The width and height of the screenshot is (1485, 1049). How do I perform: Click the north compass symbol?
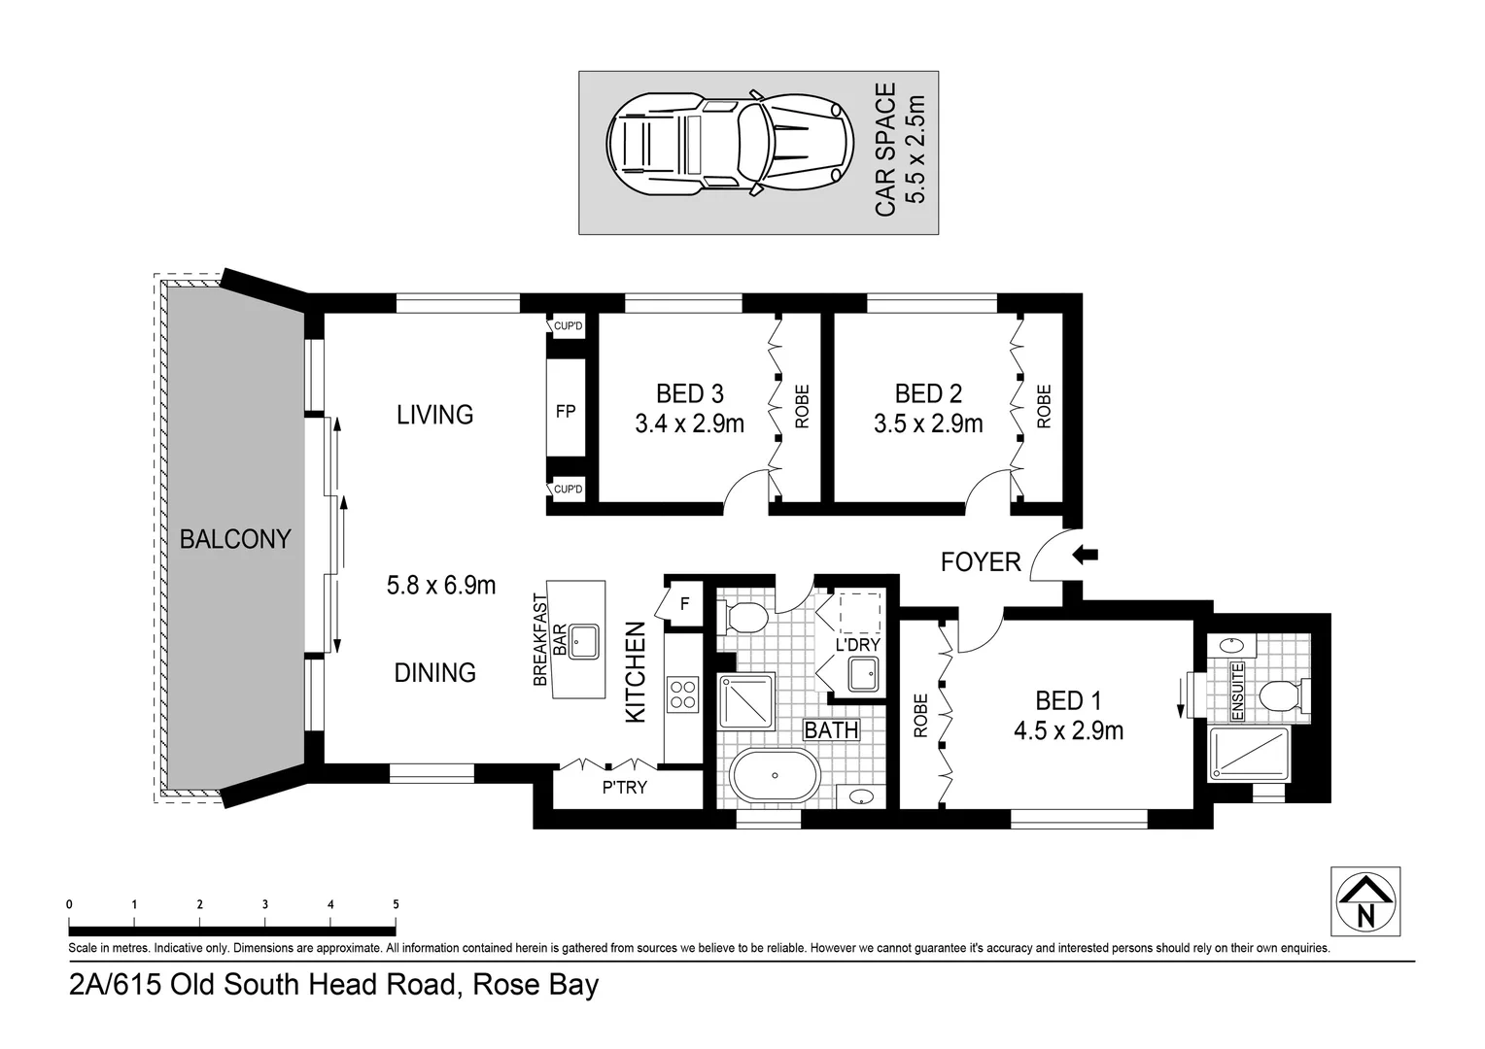tap(1365, 901)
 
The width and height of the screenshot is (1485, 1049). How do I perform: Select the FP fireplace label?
tap(566, 411)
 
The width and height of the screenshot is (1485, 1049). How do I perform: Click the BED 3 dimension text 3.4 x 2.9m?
tap(689, 423)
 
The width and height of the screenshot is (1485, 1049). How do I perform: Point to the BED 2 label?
tap(928, 393)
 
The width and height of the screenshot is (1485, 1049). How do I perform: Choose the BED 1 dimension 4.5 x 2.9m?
tap(1068, 730)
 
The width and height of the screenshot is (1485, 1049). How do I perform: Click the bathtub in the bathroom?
tap(775, 775)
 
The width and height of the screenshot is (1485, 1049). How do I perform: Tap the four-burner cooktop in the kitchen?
tap(682, 694)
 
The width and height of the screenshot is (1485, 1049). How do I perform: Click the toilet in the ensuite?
tap(1276, 696)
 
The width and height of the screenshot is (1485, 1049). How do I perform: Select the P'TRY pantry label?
tap(624, 788)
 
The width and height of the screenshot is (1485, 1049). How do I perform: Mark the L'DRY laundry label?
tap(857, 645)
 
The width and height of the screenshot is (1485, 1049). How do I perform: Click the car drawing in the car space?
tap(729, 152)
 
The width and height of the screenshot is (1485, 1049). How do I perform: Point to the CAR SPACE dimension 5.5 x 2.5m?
tap(915, 152)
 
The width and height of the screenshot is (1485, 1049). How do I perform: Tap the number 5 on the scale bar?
tap(396, 904)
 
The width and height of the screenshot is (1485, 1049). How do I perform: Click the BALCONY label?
tap(235, 539)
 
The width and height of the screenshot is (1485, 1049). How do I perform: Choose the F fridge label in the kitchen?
tap(684, 603)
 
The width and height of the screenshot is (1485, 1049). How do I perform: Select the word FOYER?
tap(981, 561)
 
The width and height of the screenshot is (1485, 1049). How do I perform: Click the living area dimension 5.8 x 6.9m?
tap(441, 585)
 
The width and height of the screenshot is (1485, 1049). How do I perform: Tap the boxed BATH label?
tap(831, 728)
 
